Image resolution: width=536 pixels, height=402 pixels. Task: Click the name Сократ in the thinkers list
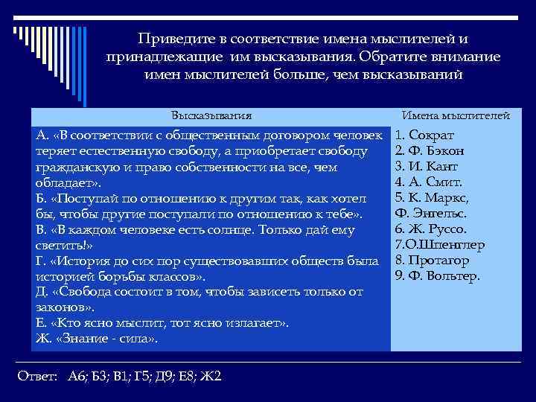(x=443, y=136)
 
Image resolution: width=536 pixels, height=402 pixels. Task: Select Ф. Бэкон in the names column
(x=444, y=151)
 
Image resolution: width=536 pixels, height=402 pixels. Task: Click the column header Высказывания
(x=211, y=116)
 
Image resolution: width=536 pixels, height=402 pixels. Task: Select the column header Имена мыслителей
(x=456, y=116)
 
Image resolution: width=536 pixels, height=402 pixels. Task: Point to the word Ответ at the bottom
(x=36, y=376)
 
